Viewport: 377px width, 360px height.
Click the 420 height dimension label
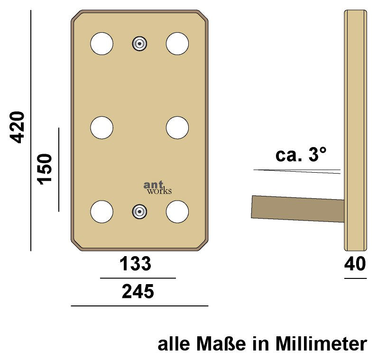pyautogui.click(x=18, y=127)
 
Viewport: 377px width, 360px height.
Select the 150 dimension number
pyautogui.click(x=45, y=169)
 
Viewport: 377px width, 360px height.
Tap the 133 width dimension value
pyautogui.click(x=135, y=264)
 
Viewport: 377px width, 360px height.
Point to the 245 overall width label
pyautogui.click(x=138, y=292)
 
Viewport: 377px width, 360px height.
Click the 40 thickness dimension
pyautogui.click(x=355, y=264)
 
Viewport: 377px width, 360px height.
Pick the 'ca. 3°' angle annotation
pyautogui.click(x=301, y=155)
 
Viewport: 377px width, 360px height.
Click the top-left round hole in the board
pyautogui.click(x=102, y=44)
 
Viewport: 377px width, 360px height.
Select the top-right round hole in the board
pyautogui.click(x=178, y=44)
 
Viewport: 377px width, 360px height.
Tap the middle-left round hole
pyautogui.click(x=102, y=128)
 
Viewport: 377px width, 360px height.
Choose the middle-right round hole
pyautogui.click(x=178, y=128)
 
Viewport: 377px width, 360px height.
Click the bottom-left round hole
pyautogui.click(x=102, y=212)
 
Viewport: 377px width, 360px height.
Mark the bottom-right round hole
pyautogui.click(x=178, y=212)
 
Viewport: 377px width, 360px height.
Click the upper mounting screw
pyautogui.click(x=139, y=44)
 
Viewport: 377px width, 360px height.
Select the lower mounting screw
pyautogui.click(x=139, y=212)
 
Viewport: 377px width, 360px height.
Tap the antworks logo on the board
pyautogui.click(x=157, y=188)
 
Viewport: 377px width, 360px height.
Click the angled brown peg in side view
pyautogui.click(x=297, y=209)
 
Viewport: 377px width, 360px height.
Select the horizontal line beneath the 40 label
pyautogui.click(x=355, y=278)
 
